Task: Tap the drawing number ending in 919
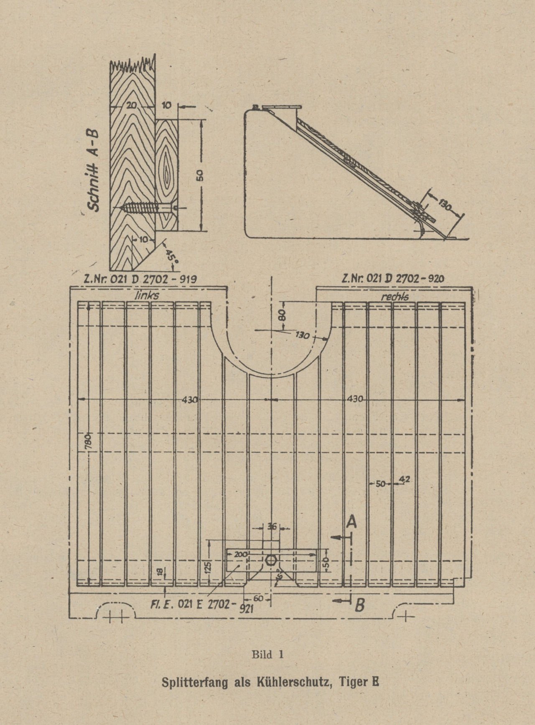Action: [141, 279]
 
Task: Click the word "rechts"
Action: [394, 296]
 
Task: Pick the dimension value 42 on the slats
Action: [404, 480]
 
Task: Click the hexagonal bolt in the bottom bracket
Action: [270, 560]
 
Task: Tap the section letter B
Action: [358, 605]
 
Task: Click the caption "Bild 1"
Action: [267, 654]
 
